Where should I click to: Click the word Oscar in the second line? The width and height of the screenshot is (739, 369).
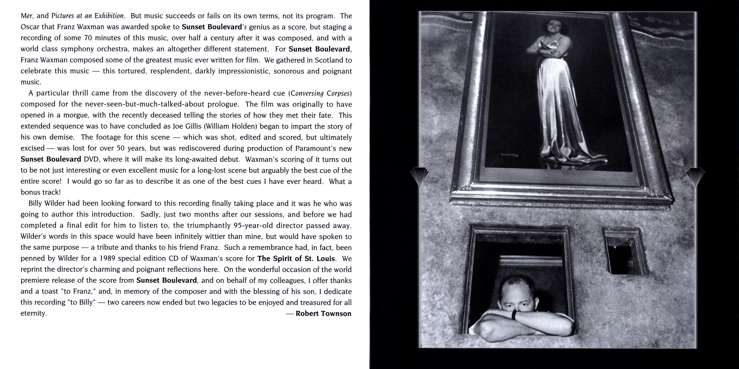[x=29, y=27]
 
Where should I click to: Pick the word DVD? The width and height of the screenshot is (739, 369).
[x=91, y=159]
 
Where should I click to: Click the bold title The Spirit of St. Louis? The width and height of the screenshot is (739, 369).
[x=296, y=258]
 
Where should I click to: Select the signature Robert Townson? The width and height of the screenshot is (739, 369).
[x=323, y=313]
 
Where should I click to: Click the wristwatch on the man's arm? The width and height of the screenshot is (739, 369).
[x=515, y=315]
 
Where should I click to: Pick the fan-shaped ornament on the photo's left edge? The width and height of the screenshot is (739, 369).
[x=419, y=176]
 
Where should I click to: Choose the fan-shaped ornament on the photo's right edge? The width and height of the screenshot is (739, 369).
[x=695, y=176]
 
